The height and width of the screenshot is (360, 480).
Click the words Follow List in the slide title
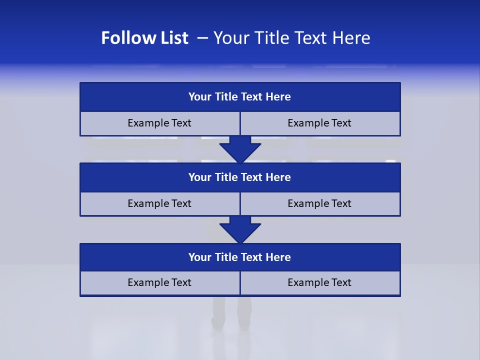144,38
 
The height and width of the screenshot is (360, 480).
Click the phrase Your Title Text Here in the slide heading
291,38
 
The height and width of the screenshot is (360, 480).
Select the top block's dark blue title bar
240,97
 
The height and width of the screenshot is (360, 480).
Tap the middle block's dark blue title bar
240,177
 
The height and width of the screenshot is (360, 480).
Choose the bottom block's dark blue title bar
240,257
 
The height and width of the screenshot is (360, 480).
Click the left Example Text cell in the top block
159,123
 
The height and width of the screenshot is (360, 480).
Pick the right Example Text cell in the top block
319,123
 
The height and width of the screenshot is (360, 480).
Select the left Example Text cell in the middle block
159,203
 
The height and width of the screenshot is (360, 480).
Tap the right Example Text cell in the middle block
319,203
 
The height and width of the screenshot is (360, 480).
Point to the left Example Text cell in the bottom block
159,282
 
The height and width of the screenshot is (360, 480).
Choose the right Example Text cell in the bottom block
319,282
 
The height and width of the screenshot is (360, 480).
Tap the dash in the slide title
202,38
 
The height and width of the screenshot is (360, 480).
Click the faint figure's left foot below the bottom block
217,324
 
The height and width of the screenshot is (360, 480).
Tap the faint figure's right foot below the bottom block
244,324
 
